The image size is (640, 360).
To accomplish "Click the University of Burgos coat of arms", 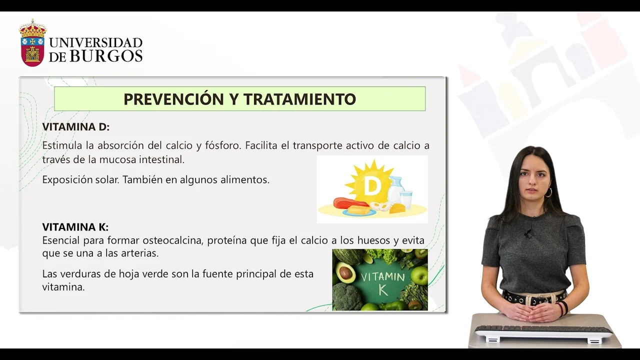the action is (x=32, y=43).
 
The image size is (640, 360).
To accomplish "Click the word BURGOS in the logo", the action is (x=106, y=55).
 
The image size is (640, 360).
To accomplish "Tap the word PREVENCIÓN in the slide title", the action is (x=173, y=99).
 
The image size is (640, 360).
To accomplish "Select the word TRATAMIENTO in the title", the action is (x=299, y=99).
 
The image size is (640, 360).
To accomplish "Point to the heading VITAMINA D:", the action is (x=76, y=126).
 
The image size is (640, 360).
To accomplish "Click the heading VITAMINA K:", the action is (x=75, y=227).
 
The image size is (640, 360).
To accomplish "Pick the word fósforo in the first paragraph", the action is (x=223, y=145).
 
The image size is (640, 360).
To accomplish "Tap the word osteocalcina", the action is (x=173, y=240).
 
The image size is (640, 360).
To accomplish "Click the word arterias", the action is (x=139, y=253).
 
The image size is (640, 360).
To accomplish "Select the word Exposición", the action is (x=67, y=179).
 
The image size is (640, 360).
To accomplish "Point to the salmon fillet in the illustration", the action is (x=351, y=203).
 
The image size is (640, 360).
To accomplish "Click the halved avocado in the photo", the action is (x=345, y=270).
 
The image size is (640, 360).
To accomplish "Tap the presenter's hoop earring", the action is (x=548, y=192).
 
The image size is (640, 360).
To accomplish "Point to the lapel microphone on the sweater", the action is (x=528, y=234).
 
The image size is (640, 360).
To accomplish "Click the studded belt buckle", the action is (x=542, y=298).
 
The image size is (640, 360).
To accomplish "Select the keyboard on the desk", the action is (x=543, y=331).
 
